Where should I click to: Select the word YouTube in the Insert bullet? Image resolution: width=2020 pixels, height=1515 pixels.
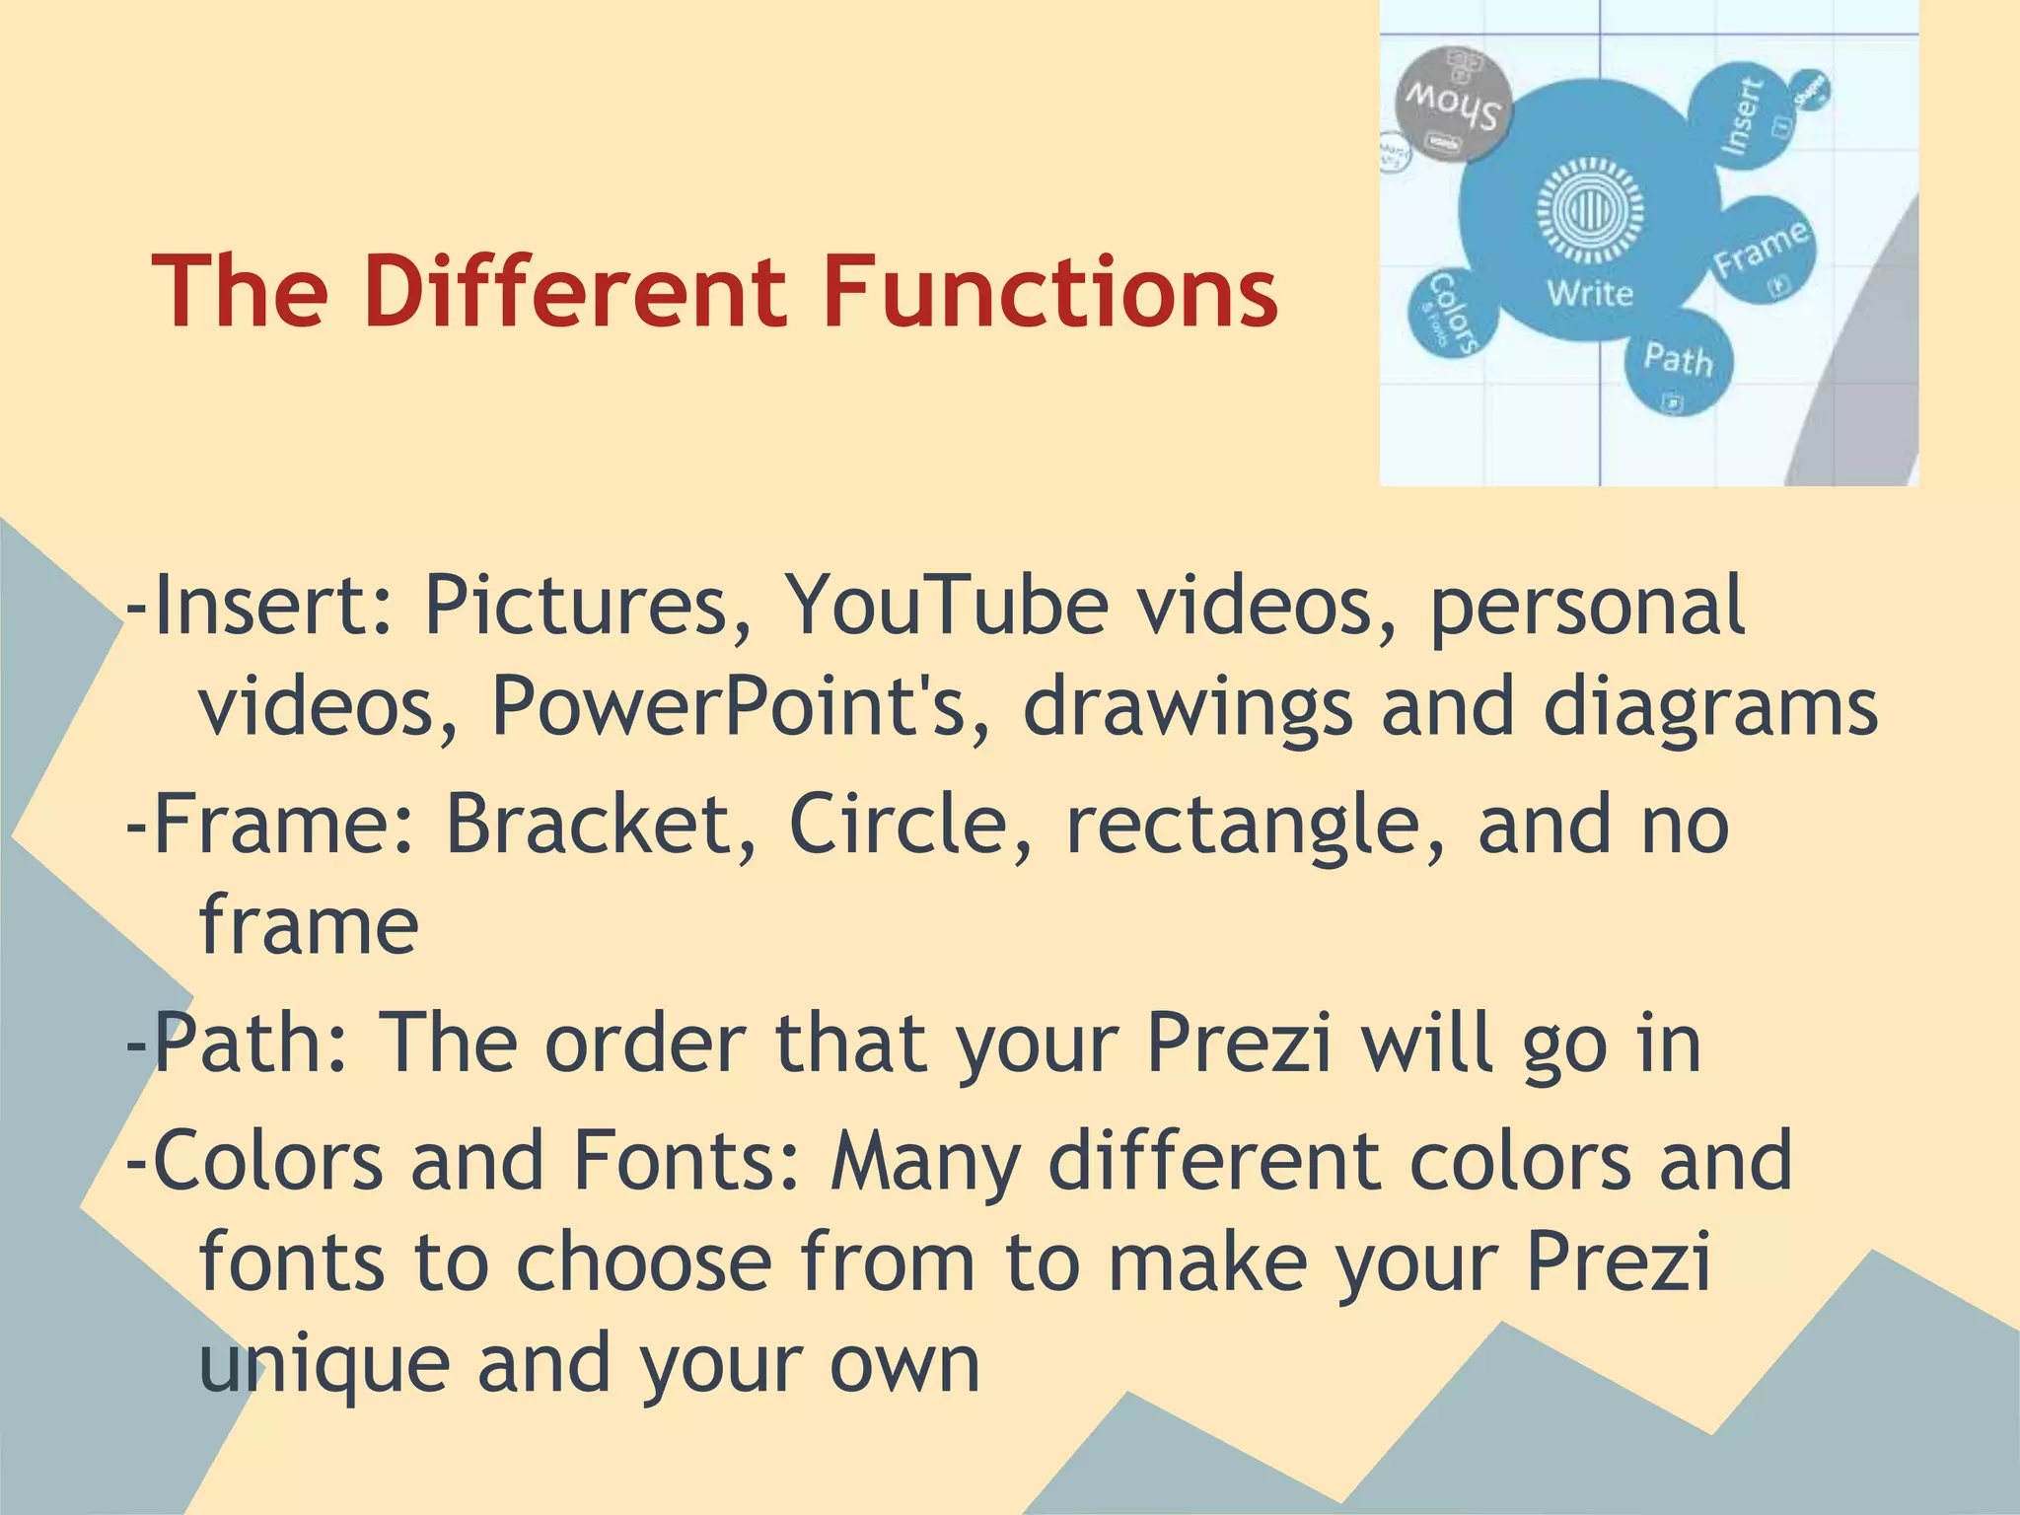[946, 605]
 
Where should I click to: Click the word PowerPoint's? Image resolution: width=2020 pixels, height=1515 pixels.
[740, 706]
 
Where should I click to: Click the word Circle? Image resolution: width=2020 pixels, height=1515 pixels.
[911, 825]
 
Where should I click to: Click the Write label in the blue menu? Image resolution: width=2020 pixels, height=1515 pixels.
[1590, 293]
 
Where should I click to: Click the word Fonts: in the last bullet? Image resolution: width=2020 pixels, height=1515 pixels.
[686, 1162]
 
